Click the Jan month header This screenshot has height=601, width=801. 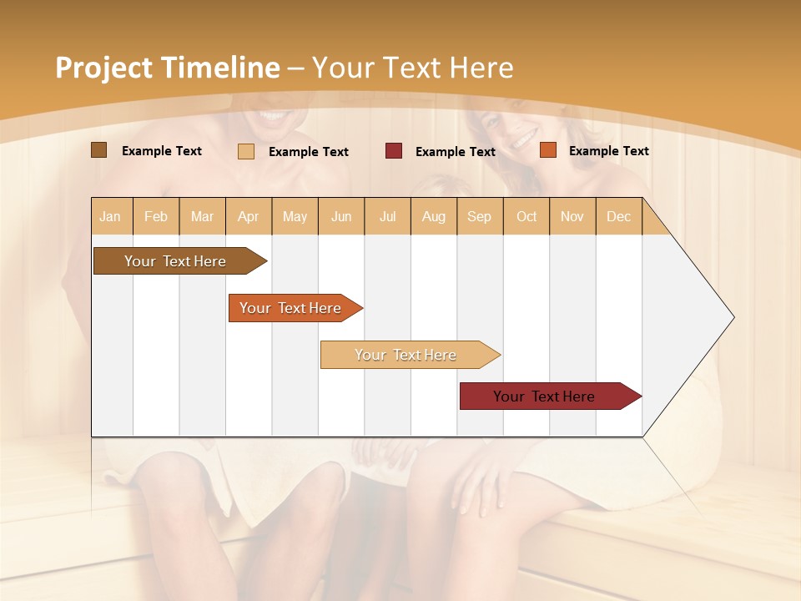coord(110,216)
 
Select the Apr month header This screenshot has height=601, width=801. coord(248,216)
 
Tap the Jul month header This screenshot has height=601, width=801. coord(387,216)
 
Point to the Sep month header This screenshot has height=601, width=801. coord(479,216)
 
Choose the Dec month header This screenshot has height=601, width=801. coord(618,216)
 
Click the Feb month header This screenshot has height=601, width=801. coord(156,216)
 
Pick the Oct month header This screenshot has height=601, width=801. coord(526,216)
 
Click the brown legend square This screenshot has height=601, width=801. coord(98,150)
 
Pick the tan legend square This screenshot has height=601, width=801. coord(246,151)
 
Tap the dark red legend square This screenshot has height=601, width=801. coord(394,151)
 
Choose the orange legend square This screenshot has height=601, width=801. coord(547,150)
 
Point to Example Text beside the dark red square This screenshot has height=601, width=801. coord(455,151)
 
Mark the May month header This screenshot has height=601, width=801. coord(295,216)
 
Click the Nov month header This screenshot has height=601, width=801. coord(572,216)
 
